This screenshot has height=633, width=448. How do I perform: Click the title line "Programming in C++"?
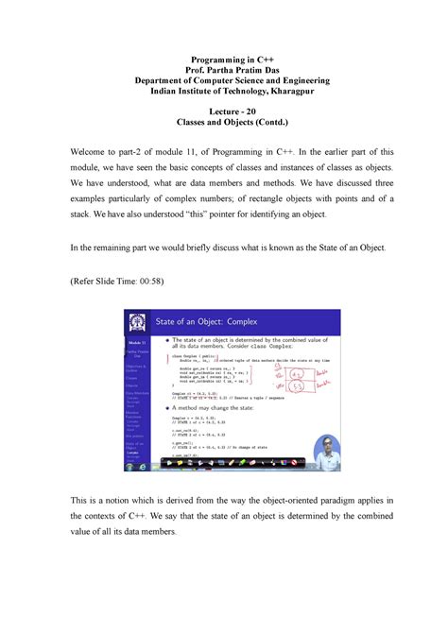point(225,60)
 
